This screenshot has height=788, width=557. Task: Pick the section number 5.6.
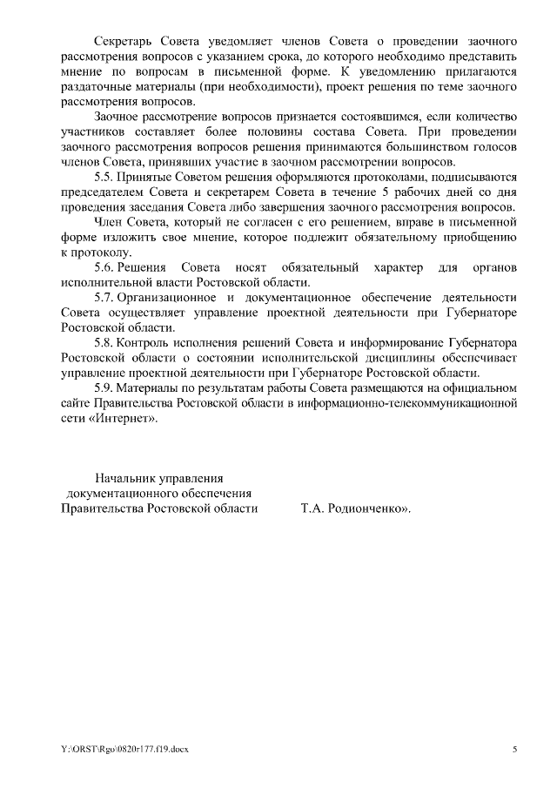104,267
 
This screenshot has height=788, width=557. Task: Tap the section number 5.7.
104,298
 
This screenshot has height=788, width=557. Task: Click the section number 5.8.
104,344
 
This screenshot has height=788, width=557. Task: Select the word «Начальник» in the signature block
124,478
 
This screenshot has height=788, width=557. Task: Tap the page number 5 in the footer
514,749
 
